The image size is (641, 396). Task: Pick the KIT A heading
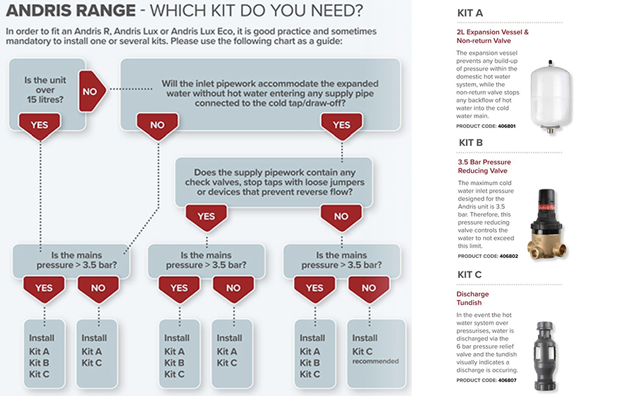pyautogui.click(x=470, y=13)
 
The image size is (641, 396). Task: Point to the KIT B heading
pyautogui.click(x=471, y=143)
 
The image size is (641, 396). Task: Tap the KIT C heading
pyautogui.click(x=471, y=275)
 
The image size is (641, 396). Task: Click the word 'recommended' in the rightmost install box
pyautogui.click(x=375, y=362)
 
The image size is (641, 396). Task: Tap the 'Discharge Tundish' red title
pyautogui.click(x=472, y=298)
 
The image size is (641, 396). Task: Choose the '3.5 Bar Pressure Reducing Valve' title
pyautogui.click(x=484, y=166)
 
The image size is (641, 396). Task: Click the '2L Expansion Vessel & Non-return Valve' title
pyautogui.click(x=492, y=36)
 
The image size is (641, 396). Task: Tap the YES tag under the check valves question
pyautogui.click(x=206, y=216)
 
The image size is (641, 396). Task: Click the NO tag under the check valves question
pyautogui.click(x=341, y=216)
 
